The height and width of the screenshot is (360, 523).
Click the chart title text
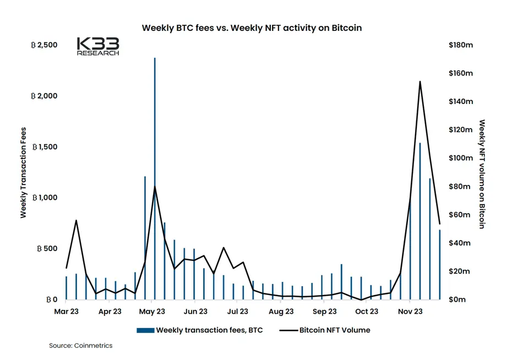point(252,28)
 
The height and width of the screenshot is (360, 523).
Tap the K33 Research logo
point(97,46)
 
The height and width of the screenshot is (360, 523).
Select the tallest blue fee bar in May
point(155,165)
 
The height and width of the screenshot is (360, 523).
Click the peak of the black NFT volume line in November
point(420,81)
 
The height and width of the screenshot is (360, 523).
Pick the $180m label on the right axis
point(461,45)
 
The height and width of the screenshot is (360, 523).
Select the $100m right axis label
point(461,158)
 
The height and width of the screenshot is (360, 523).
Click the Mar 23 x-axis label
point(66,312)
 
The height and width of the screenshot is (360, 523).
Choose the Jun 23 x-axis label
point(195,312)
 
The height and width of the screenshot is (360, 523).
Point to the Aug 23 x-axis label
point(281,312)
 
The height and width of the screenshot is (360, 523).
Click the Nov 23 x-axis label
point(410,312)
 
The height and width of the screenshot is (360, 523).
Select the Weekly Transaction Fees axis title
point(24,172)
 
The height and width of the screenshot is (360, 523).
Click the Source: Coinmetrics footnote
point(80,346)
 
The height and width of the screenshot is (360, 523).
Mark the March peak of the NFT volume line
point(76,220)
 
